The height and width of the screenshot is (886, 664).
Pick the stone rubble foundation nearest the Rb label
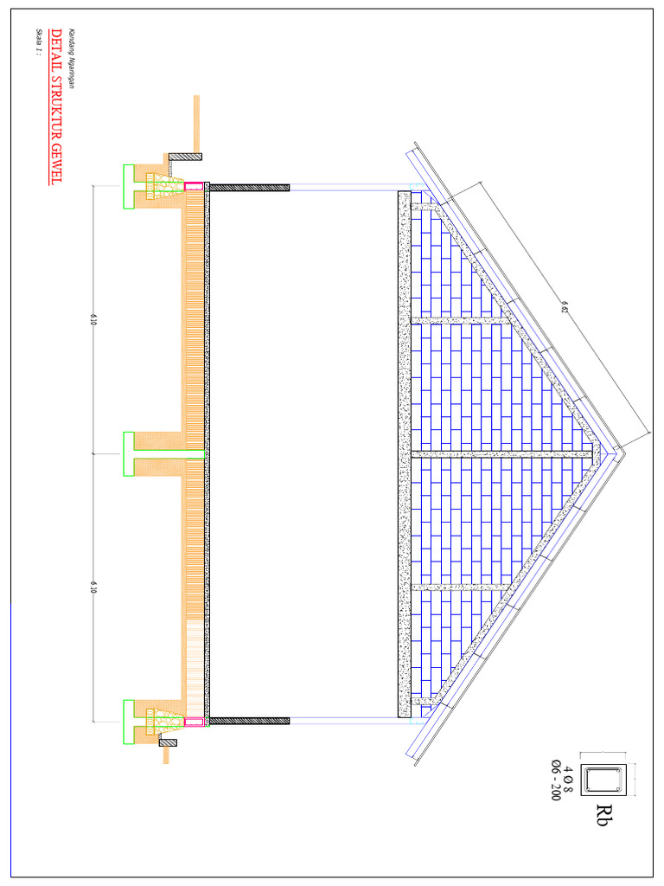click(x=163, y=720)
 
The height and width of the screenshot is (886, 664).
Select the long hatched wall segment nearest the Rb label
click(x=249, y=720)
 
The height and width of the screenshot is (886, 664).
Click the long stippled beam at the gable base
click(x=404, y=453)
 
